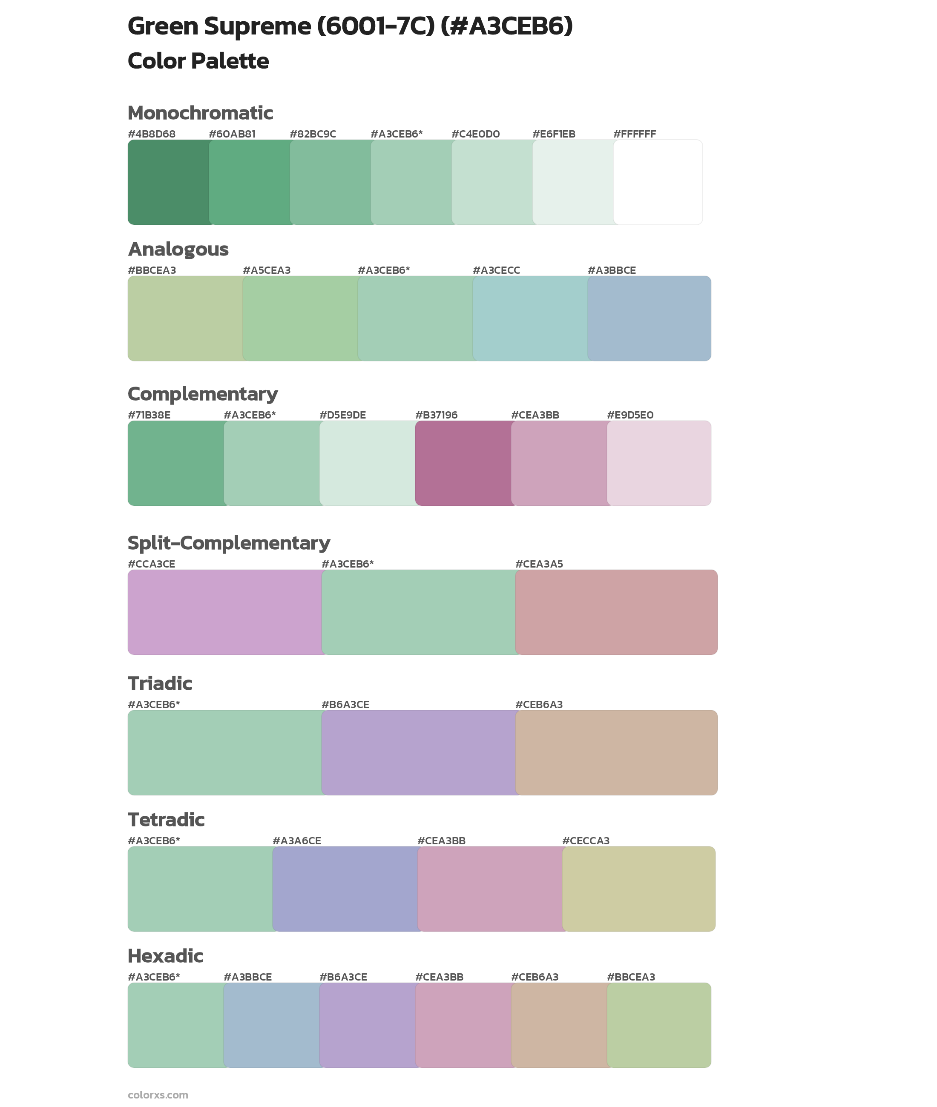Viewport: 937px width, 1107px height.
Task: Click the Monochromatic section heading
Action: tap(200, 113)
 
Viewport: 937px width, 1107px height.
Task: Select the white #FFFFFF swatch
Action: tap(658, 182)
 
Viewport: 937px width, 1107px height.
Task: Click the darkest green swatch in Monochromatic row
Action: tap(168, 182)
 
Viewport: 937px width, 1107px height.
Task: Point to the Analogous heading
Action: tap(178, 249)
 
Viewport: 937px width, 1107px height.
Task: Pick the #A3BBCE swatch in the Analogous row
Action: tap(649, 318)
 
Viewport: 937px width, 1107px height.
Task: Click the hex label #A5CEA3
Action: tap(267, 270)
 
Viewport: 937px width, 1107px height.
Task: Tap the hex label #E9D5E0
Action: tap(630, 415)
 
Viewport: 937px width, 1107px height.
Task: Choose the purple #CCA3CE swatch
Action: tap(224, 612)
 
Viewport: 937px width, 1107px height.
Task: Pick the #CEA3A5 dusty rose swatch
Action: tap(616, 612)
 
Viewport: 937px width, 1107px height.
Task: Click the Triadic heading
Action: tap(160, 683)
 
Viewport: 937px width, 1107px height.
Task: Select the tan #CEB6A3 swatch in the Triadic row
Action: tap(616, 752)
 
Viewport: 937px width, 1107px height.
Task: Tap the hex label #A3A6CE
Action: tap(296, 840)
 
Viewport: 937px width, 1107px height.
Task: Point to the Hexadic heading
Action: tap(165, 956)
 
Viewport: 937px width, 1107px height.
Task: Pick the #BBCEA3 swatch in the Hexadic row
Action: tap(658, 1025)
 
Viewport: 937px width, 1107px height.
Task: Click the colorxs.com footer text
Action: tap(158, 1095)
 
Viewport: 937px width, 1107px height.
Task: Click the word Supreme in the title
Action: tap(258, 26)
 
